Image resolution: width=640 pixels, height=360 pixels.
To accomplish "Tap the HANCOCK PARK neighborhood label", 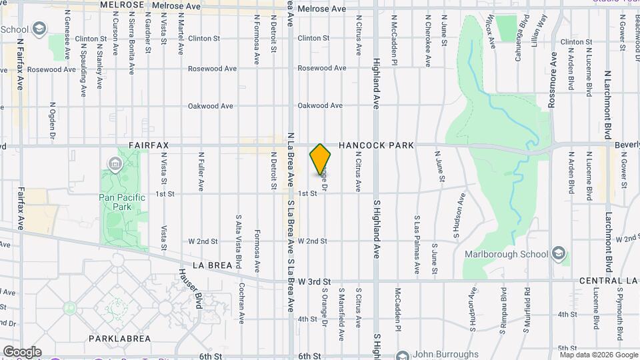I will (376, 145).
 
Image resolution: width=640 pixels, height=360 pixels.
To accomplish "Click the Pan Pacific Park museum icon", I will (114, 163).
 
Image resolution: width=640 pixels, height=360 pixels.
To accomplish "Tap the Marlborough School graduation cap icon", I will (558, 253).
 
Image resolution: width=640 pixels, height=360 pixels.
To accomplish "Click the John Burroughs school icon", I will (401, 355).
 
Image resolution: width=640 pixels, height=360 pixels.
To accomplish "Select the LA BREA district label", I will (213, 265).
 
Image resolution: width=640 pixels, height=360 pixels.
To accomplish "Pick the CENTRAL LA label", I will (609, 281).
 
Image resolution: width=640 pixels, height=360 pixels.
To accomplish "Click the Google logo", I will (22, 351).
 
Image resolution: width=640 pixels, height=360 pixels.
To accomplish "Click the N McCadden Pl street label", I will (395, 41).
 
